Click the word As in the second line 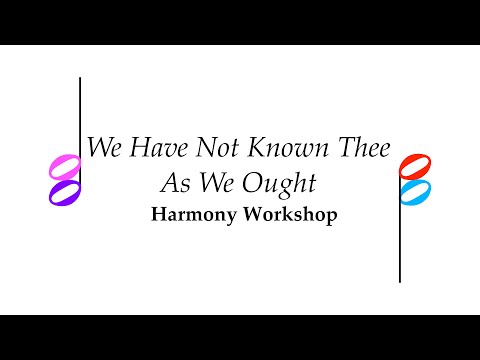click(177, 183)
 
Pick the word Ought click(285, 184)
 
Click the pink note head click(64, 165)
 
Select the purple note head click(64, 191)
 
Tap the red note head click(414, 165)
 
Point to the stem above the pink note click(80, 110)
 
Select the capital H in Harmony click(158, 215)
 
